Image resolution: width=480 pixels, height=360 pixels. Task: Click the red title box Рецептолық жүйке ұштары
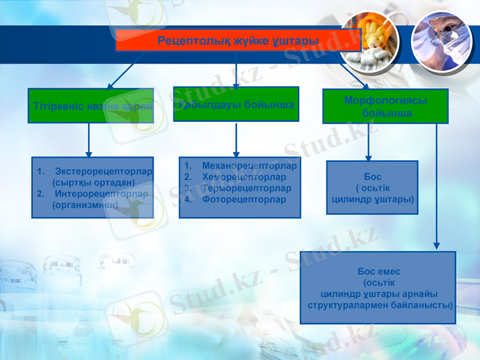tap(238, 40)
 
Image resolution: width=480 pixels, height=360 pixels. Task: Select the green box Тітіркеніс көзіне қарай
tap(91, 106)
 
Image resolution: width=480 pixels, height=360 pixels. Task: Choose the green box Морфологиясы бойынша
tap(385, 107)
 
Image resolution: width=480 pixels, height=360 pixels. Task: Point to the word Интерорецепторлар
tap(101, 194)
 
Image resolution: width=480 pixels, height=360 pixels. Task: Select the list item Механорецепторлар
tap(250, 166)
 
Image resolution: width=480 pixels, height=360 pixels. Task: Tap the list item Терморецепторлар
tap(247, 188)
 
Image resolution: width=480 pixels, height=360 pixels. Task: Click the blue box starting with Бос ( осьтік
tap(372, 187)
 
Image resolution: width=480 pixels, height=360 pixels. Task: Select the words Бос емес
tap(379, 272)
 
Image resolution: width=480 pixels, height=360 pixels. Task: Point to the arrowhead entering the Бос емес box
tap(437, 245)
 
